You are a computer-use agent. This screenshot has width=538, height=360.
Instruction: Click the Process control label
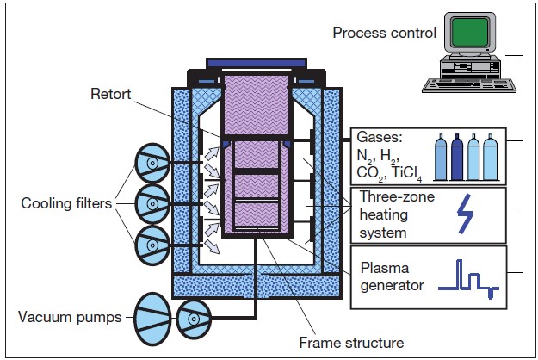[x=384, y=34]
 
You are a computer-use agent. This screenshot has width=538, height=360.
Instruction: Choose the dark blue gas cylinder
[x=457, y=158]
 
